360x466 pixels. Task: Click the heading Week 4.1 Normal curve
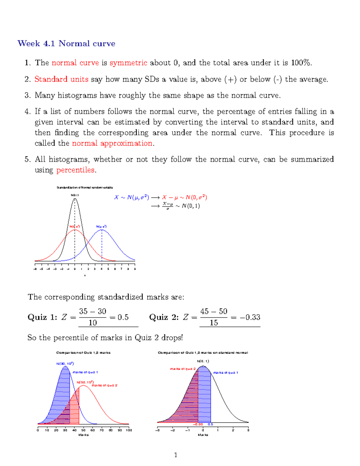click(66, 44)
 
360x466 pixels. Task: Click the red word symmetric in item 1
click(128, 63)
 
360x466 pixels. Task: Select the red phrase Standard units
click(61, 79)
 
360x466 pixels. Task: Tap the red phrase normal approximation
click(112, 143)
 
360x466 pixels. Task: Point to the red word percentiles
click(75, 170)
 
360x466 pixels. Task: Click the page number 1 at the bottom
click(175, 455)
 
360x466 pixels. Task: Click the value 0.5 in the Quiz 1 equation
click(123, 317)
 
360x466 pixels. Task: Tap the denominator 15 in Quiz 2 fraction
click(214, 323)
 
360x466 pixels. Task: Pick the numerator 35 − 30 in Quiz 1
click(92, 311)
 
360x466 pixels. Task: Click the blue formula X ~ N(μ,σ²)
click(131, 197)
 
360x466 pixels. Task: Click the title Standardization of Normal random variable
click(85, 188)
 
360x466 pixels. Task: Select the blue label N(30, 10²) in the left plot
click(65, 364)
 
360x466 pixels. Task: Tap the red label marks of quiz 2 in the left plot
click(104, 385)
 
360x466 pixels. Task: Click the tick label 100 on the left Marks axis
click(129, 430)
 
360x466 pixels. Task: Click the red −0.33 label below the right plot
click(198, 424)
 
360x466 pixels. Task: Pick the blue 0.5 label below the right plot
click(210, 424)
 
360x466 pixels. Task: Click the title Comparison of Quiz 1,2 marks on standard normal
click(203, 353)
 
